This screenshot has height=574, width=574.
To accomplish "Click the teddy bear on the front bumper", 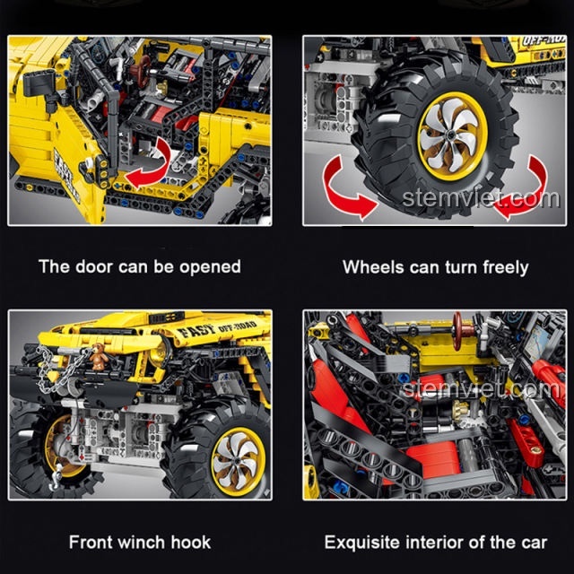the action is tap(99, 357).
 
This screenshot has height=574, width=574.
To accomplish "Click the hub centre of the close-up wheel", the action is tap(450, 135).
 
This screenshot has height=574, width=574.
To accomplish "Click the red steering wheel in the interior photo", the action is tap(458, 331).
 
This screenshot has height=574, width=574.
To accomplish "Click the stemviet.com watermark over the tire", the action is tap(481, 199).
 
